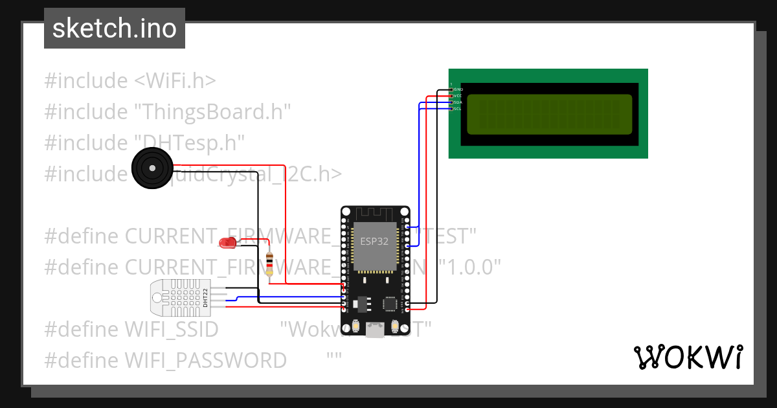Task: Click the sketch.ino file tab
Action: click(114, 28)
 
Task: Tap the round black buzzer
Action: click(152, 168)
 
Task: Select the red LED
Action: click(227, 244)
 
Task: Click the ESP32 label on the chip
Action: click(375, 240)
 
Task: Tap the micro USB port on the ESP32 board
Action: click(375, 330)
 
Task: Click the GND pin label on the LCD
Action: click(458, 89)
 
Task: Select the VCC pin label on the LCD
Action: click(457, 95)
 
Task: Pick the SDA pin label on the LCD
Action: click(457, 102)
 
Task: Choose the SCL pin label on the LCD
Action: click(457, 108)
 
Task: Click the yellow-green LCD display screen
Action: click(548, 114)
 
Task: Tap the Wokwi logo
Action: click(688, 357)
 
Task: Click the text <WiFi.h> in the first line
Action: click(175, 81)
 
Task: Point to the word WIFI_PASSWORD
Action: click(206, 360)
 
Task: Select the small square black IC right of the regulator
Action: click(390, 303)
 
